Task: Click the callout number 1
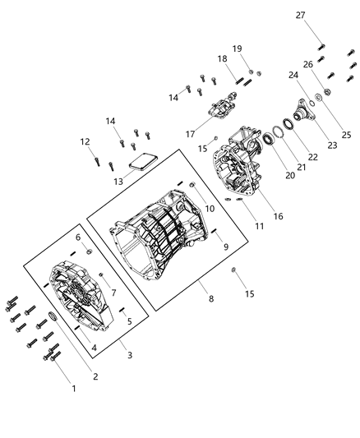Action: pos(74,388)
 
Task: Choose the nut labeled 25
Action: pos(327,91)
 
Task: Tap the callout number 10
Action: pos(210,209)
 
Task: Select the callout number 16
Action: pos(279,216)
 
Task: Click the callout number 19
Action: pos(238,48)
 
